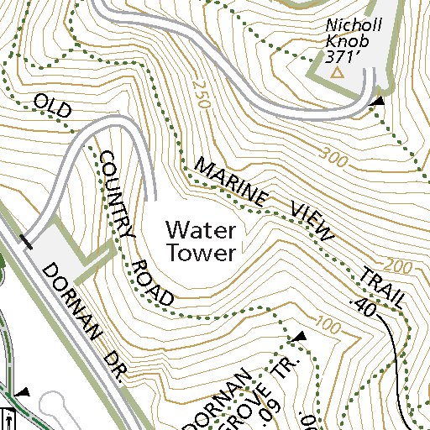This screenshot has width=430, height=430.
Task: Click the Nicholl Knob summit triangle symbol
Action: tap(338, 74)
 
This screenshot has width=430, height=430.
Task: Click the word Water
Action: tap(202, 228)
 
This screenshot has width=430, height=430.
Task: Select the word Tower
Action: tap(202, 251)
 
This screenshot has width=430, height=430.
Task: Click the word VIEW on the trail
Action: tap(312, 223)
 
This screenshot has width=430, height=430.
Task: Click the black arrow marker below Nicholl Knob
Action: tap(379, 101)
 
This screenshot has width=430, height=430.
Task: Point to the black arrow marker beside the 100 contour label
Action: tap(297, 338)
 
